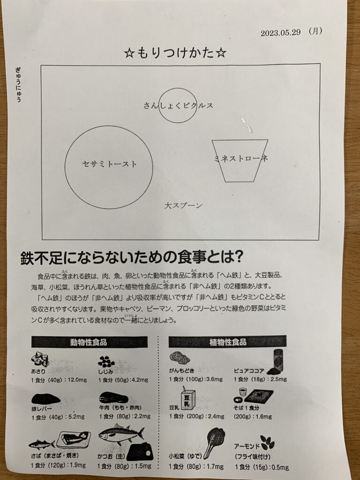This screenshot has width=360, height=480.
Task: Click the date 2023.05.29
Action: [x=280, y=32]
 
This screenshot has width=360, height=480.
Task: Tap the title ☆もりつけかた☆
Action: [x=175, y=53]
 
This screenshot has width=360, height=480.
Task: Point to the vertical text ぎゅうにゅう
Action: [x=18, y=84]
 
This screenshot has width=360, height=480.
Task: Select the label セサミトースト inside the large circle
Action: [x=110, y=164]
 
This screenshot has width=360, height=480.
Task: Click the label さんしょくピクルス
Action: [x=178, y=105]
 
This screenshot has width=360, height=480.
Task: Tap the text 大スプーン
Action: [x=183, y=205]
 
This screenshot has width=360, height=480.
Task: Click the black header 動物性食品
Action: [x=89, y=342]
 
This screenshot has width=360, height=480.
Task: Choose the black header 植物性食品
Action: [x=227, y=341]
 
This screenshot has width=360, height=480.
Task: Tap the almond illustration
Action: [x=268, y=442]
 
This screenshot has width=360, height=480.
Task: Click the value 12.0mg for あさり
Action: [x=77, y=380]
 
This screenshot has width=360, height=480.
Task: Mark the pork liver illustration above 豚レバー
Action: [x=46, y=398]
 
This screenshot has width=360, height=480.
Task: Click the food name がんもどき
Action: [x=181, y=370]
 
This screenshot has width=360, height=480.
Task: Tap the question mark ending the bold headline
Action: [x=238, y=257]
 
